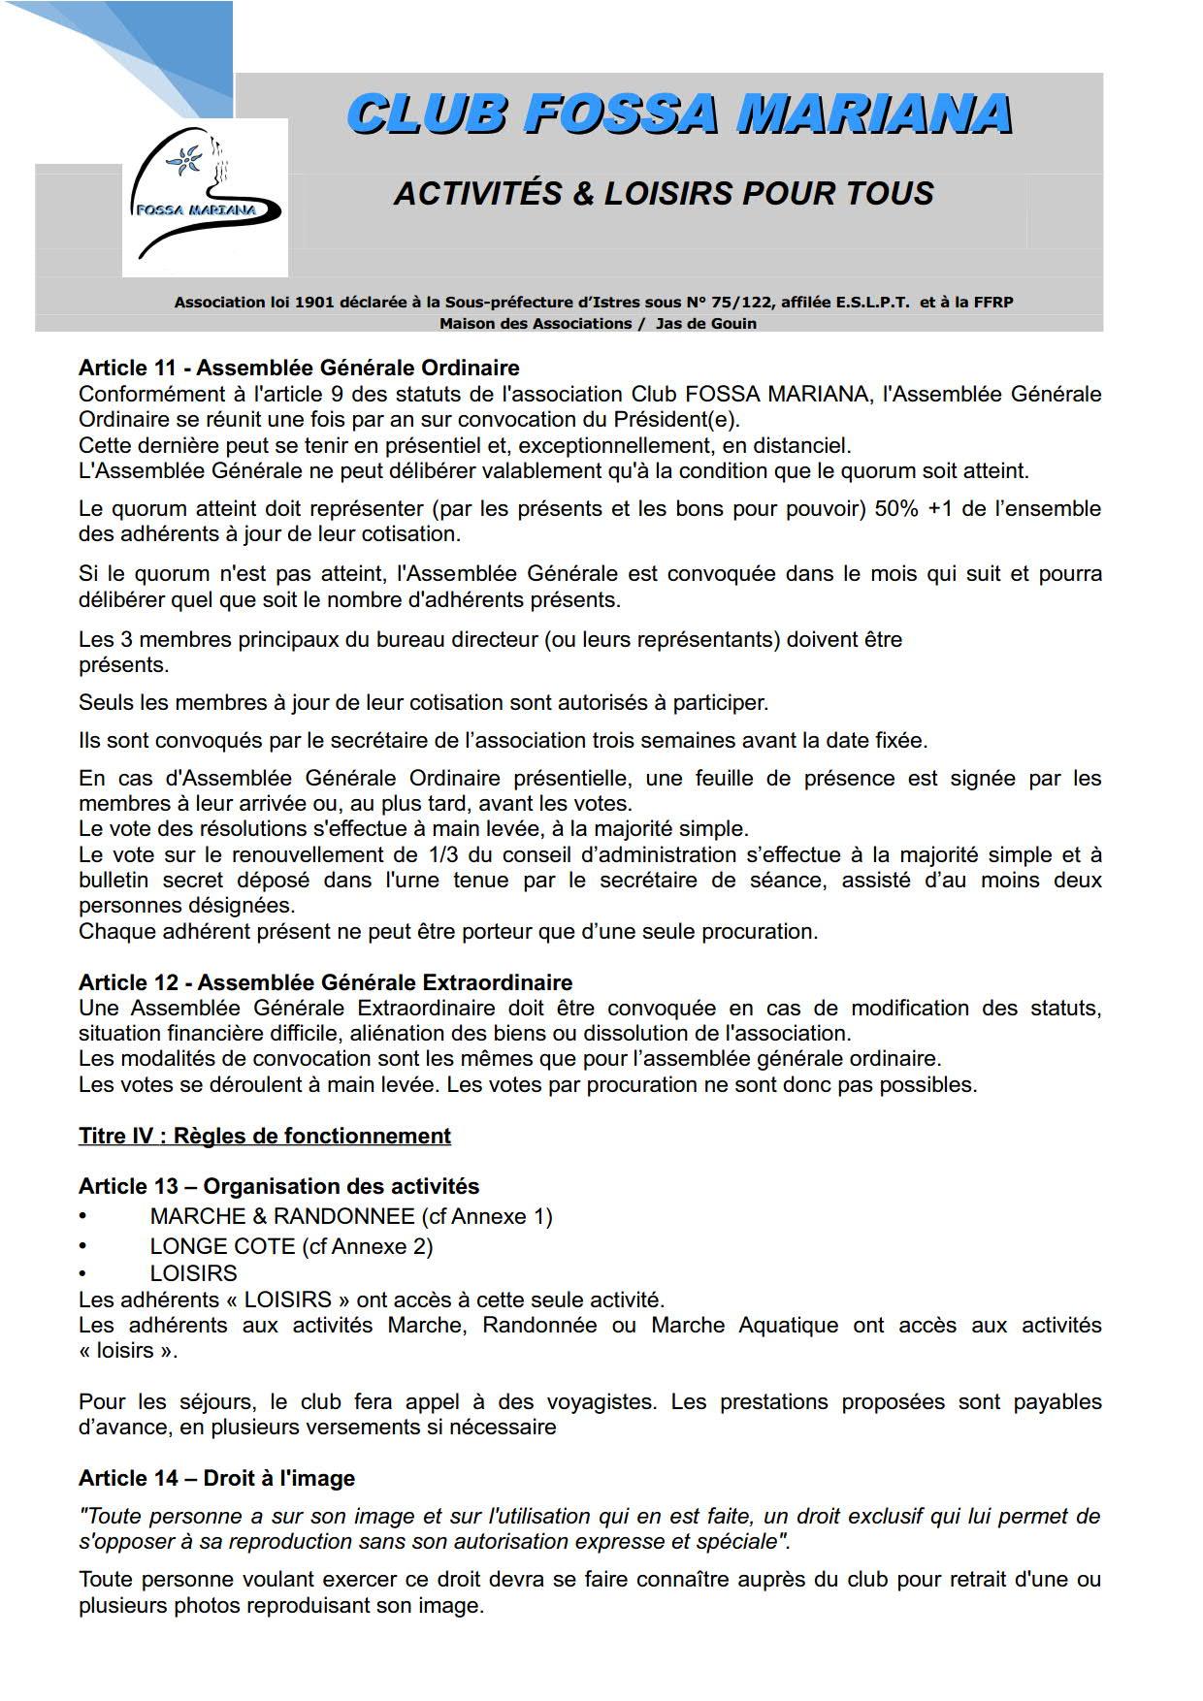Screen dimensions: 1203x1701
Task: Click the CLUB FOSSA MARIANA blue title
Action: pos(679,113)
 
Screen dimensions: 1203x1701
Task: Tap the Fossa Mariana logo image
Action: pos(205,198)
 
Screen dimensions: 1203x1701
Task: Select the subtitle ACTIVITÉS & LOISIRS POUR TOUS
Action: pos(664,194)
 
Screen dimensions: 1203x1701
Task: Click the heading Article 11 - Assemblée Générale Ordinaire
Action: pos(299,369)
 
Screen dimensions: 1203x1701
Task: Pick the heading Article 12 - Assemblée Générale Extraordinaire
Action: pos(325,982)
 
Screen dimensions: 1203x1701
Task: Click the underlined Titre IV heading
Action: pos(264,1136)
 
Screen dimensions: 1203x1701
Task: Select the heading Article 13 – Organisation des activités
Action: pos(278,1186)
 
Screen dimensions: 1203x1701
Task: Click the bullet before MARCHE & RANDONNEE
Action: pos(83,1216)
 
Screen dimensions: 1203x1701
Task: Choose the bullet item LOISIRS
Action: pos(193,1273)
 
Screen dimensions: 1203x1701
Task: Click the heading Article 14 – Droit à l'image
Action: pos(216,1478)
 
